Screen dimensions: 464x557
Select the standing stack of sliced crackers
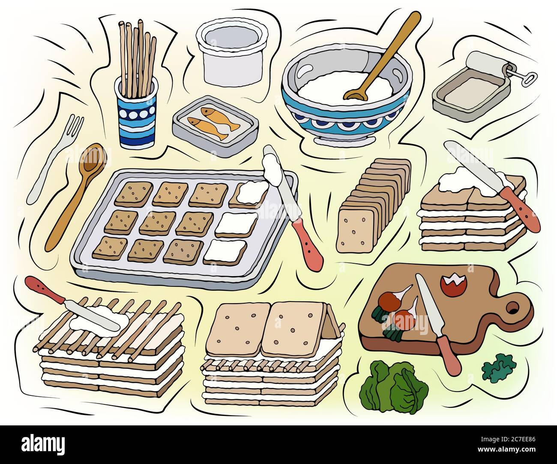coord(373,206)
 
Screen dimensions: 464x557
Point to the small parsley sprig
coord(498,367)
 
